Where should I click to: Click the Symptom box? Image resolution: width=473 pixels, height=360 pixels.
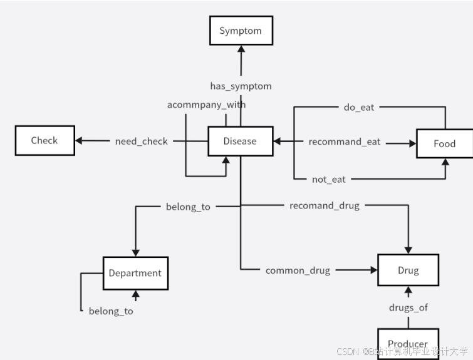(x=241, y=31)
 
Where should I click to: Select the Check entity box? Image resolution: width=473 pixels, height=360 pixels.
(x=44, y=140)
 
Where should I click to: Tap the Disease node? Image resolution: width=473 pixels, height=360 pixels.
(x=240, y=141)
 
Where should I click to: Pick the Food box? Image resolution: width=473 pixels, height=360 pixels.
(x=444, y=143)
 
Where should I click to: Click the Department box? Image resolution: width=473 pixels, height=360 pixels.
(x=135, y=273)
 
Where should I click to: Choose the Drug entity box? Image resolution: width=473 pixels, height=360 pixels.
(x=408, y=270)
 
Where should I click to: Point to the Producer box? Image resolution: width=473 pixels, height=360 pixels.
(x=408, y=343)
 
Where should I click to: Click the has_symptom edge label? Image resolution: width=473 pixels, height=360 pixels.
(x=241, y=86)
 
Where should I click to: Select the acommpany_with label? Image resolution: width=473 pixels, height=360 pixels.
(x=206, y=105)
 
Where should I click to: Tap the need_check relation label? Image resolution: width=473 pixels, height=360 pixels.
(x=142, y=141)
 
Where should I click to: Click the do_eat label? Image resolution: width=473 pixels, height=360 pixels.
(x=359, y=107)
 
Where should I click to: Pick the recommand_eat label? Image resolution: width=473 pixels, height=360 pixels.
(x=345, y=142)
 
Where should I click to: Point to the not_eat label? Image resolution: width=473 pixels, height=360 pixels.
(x=329, y=180)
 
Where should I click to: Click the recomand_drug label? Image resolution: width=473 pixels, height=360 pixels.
(x=325, y=205)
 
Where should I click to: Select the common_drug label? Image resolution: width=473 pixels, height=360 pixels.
(x=298, y=270)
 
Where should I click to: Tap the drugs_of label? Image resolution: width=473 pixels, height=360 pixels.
(x=408, y=307)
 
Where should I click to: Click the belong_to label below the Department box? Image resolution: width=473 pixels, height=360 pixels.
(x=111, y=311)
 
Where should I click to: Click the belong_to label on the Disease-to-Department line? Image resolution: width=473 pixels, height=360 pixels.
(x=188, y=206)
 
